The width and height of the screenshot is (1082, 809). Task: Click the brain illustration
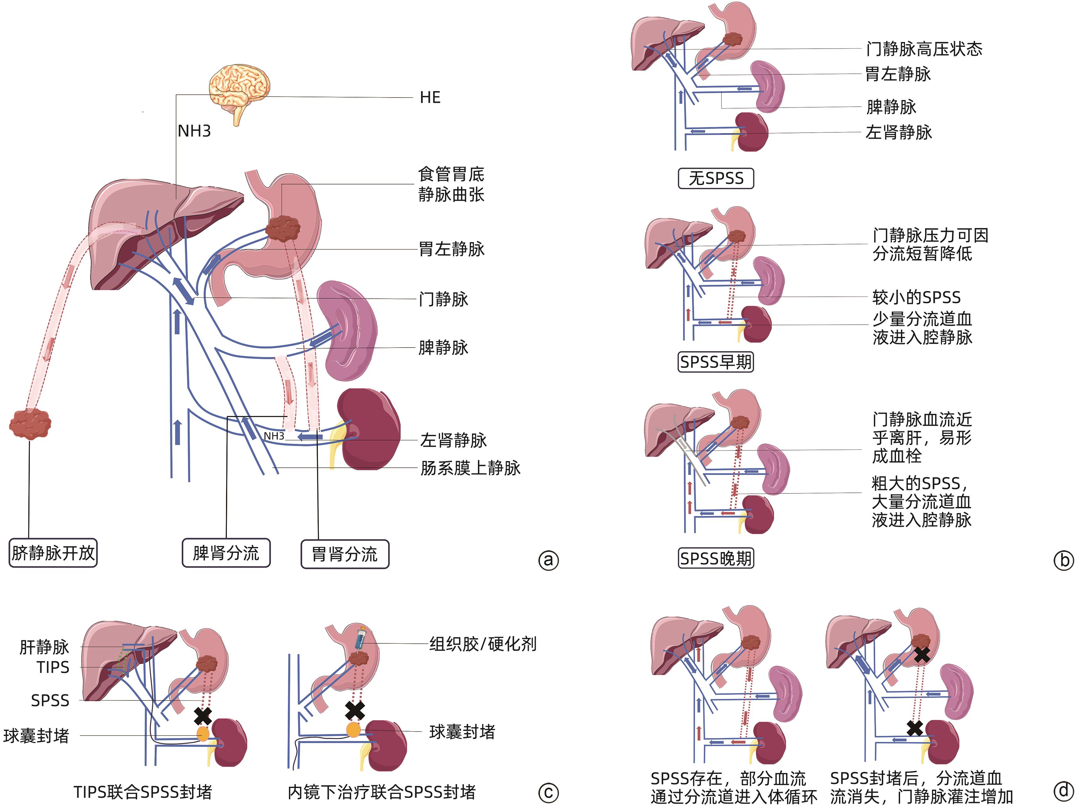(239, 90)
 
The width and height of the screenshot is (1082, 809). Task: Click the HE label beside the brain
(430, 97)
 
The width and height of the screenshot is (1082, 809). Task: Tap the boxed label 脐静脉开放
(53, 553)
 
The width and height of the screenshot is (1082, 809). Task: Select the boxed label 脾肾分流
(226, 553)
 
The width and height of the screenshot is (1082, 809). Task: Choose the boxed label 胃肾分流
(345, 554)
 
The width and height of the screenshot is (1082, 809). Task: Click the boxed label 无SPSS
(715, 178)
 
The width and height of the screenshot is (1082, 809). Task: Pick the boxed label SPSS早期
(715, 362)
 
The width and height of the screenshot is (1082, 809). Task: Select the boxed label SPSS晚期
(715, 558)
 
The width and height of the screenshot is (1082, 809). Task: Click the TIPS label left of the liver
(53, 667)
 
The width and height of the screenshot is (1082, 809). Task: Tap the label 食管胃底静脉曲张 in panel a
(451, 184)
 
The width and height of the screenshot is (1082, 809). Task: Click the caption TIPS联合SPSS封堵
(143, 792)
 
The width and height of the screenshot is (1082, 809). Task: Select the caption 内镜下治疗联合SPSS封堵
(382, 792)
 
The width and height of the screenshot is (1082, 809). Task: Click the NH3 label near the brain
(194, 131)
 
